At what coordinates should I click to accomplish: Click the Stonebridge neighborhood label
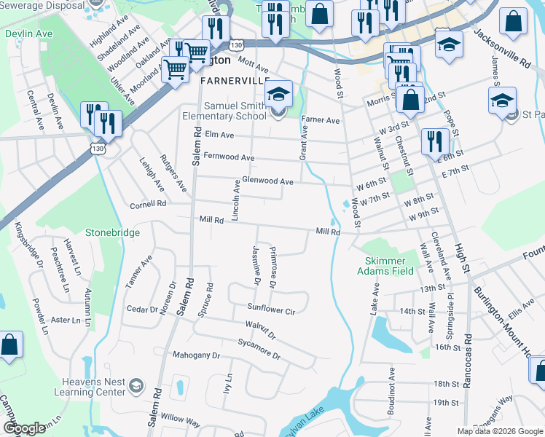coord(111,232)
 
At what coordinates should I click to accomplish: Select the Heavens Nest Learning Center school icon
coord(136,385)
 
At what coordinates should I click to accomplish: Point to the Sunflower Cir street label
coord(270,310)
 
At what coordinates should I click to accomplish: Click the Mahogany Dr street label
coord(196,355)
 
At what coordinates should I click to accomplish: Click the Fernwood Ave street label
coord(229,157)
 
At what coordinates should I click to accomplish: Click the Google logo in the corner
coord(24,428)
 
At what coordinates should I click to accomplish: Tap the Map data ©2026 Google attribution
coord(499,431)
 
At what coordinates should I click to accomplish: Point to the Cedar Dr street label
coord(142,310)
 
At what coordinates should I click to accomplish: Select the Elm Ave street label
coord(219,135)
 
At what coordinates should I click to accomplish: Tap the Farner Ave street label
coord(321,120)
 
